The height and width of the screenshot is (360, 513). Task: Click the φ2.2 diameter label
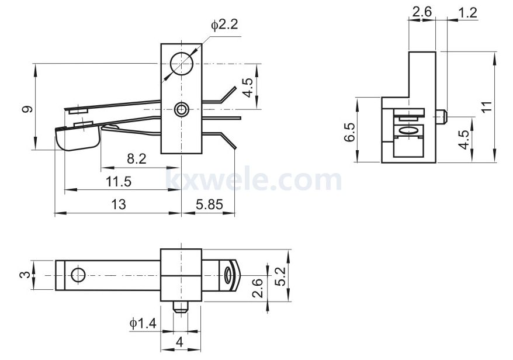click(224, 25)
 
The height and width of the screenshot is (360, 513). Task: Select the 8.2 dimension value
click(136, 159)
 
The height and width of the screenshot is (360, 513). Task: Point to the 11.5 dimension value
click(119, 181)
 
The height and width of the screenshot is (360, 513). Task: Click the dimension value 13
click(119, 204)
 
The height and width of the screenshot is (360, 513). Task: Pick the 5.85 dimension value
click(209, 205)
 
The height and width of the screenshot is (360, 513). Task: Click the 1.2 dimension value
click(467, 13)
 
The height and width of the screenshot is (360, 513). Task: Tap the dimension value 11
click(487, 107)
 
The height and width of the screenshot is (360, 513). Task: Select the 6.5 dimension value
click(349, 132)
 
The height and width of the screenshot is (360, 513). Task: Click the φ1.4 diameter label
click(143, 324)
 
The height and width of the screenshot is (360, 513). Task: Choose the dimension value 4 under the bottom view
click(179, 342)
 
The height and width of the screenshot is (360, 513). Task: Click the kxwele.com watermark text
click(254, 179)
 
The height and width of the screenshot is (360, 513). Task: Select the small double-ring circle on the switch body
click(181, 109)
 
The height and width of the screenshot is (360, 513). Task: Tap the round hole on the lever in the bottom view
click(78, 275)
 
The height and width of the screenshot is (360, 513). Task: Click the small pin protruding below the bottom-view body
click(181, 307)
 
